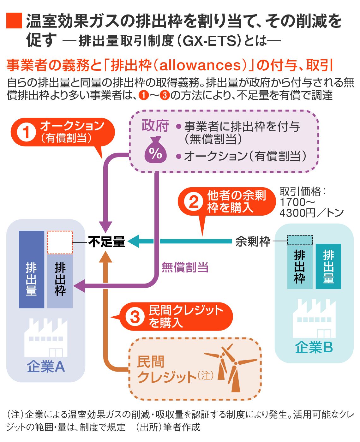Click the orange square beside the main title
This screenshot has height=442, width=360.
coord(14,21)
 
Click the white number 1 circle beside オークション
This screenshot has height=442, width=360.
coord(27,132)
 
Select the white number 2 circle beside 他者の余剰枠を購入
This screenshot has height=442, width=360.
coord(194,201)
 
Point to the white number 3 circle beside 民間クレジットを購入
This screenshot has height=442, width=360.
coord(135,316)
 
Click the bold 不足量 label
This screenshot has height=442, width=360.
coord(107,242)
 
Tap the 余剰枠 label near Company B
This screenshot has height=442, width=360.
coord(253,242)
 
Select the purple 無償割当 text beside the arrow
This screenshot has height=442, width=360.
coord(185,267)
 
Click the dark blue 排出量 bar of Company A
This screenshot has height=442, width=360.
coord(32,269)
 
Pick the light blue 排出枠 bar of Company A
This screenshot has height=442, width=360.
coord(60,280)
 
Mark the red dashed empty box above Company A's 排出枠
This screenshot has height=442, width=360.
coord(60,242)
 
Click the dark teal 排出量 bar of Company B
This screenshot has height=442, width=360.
coord(328,266)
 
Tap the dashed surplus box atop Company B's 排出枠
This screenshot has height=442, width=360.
coord(300,240)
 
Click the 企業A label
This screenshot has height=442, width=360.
coord(46,367)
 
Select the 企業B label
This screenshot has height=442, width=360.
coord(314,348)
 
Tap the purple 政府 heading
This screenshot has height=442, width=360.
coord(155,126)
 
